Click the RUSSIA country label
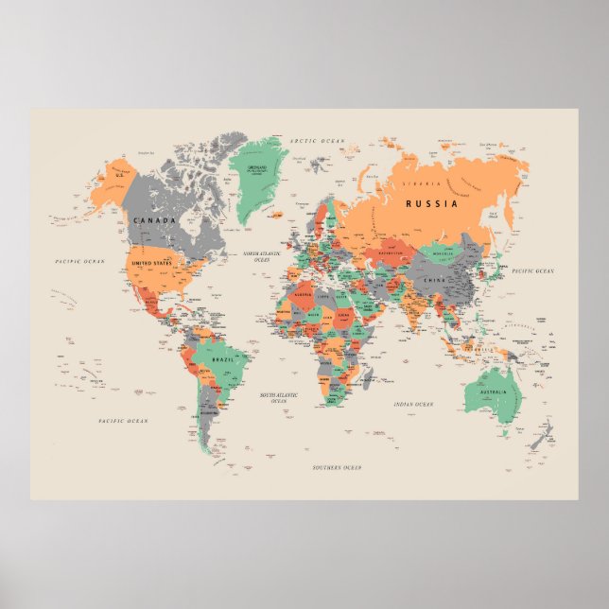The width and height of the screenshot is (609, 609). [431, 203]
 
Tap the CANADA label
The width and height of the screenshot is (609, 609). [154, 220]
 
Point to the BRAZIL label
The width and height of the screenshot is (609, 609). [223, 360]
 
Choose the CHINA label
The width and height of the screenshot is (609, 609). [434, 280]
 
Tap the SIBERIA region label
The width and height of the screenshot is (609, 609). [422, 183]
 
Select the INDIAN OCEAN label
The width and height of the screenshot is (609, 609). [413, 404]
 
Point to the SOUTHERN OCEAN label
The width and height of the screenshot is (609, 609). [337, 468]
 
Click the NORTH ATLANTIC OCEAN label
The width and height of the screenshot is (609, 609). [264, 256]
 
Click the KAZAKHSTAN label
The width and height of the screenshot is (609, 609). [391, 253]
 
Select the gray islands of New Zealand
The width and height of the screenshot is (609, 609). [542, 436]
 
